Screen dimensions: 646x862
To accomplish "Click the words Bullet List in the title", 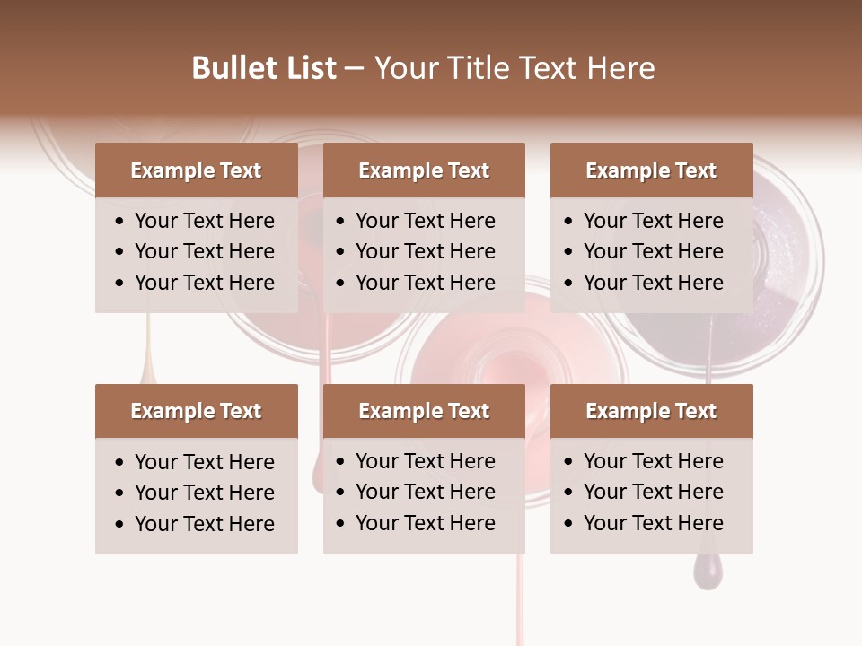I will pyautogui.click(x=264, y=68).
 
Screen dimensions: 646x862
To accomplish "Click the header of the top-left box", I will pyautogui.click(x=196, y=170).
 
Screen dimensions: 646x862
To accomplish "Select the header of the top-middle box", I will pyautogui.click(x=424, y=170).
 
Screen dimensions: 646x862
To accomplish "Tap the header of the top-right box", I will pyautogui.click(x=651, y=170).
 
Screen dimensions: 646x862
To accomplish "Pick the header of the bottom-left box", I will pyautogui.click(x=196, y=411).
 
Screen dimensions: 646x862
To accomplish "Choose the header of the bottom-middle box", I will pyautogui.click(x=424, y=411).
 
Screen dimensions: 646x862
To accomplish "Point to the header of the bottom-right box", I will pyautogui.click(x=651, y=411).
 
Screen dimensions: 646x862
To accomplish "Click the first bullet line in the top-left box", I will pyautogui.click(x=204, y=221).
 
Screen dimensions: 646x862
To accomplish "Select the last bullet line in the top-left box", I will pyautogui.click(x=204, y=283).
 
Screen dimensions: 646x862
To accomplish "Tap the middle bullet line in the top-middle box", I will pyautogui.click(x=425, y=251).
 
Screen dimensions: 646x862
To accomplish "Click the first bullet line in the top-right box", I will pyautogui.click(x=653, y=221).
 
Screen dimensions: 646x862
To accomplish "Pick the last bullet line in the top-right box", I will pyautogui.click(x=653, y=283).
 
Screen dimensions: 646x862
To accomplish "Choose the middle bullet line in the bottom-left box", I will pyautogui.click(x=204, y=493).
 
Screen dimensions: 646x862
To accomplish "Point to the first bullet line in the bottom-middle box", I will pyautogui.click(x=425, y=461).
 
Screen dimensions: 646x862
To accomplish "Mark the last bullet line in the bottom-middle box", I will pyautogui.click(x=425, y=523).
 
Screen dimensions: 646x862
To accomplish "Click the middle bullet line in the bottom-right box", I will pyautogui.click(x=653, y=492).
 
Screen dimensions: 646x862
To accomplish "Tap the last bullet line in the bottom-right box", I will pyautogui.click(x=653, y=523).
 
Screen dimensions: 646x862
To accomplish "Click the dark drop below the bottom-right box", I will pyautogui.click(x=707, y=571).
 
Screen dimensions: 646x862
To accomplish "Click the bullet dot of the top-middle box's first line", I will pyautogui.click(x=341, y=222).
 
